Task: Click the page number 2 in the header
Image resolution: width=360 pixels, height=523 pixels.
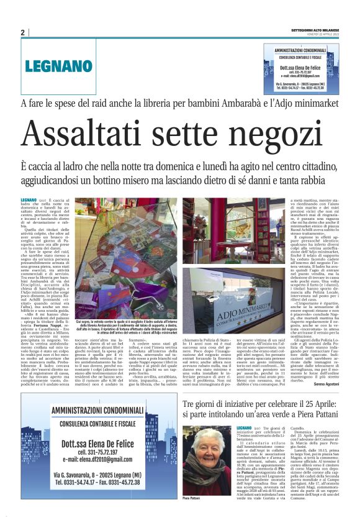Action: (x=22, y=32)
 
